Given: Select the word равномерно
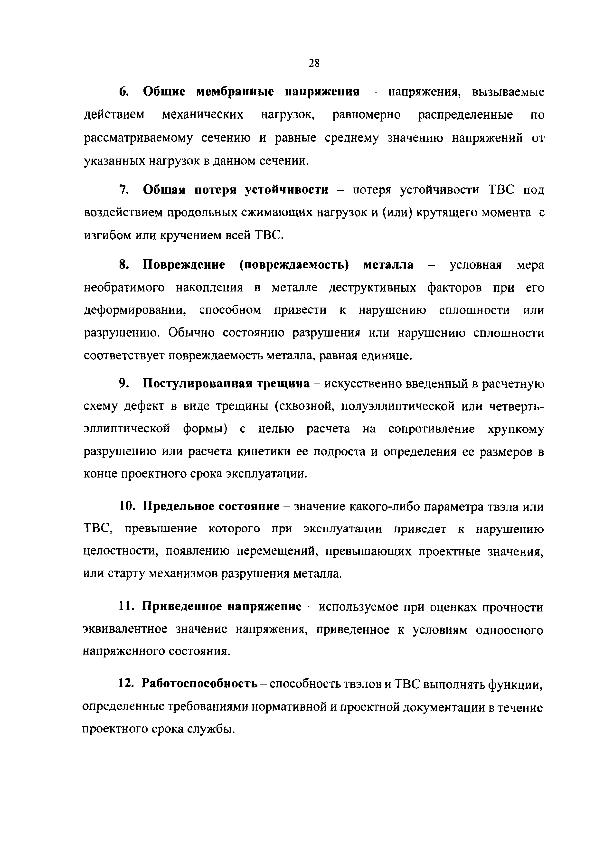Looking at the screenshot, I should (366, 114).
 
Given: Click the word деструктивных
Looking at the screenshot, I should (372, 288).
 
